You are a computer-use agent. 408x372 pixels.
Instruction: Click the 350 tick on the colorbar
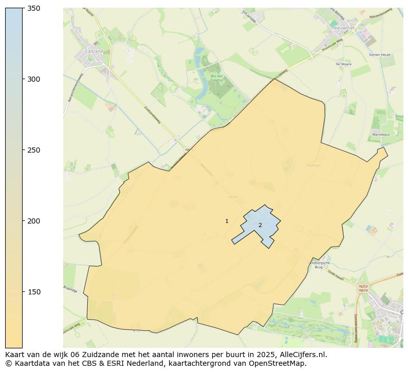pos(34,9)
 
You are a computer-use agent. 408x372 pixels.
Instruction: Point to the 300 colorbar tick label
pos(34,80)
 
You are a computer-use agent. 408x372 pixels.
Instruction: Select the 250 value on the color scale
pos(34,151)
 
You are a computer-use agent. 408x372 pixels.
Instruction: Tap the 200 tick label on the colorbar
pos(34,221)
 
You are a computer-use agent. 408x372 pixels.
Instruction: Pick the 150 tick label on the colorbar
pos(34,292)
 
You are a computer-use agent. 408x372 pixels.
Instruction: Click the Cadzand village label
pos(94,51)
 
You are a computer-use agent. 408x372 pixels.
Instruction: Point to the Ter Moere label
pos(343,64)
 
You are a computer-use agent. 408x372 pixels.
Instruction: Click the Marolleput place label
pos(381,135)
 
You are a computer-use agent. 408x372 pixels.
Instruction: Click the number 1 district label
pos(227,221)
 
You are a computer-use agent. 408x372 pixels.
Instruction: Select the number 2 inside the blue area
pos(260,225)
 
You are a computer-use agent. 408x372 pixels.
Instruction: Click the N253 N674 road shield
pos(363,288)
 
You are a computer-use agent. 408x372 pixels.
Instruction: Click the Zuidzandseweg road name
pos(153,115)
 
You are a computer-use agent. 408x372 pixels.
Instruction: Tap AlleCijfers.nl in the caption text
pos(303,355)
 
